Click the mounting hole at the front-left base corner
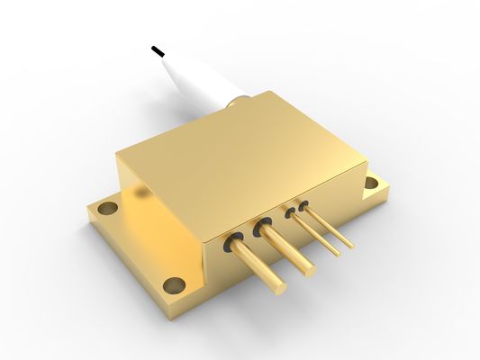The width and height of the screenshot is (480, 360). point(176,285)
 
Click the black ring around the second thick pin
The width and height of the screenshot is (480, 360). point(263,228)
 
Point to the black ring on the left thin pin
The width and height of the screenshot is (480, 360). point(290,213)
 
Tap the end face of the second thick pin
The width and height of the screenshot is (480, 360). point(309,267)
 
